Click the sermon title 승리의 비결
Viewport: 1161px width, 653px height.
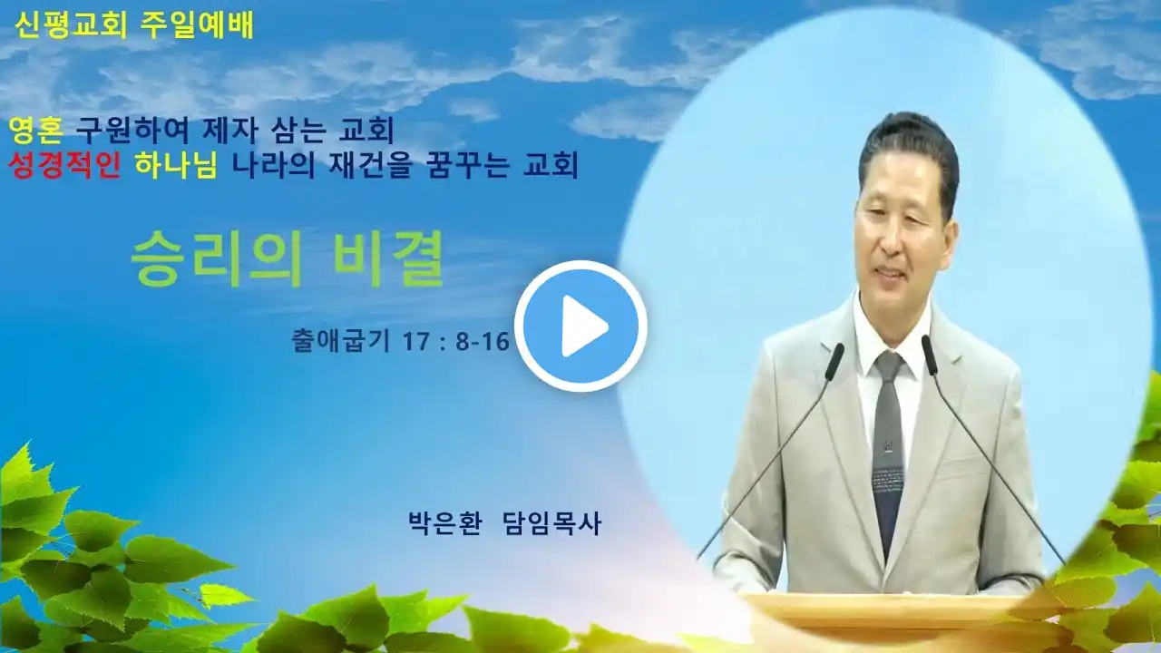click(288, 258)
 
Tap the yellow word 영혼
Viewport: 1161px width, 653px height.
click(36, 130)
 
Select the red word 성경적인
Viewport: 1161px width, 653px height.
click(64, 165)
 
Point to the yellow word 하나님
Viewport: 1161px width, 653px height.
click(176, 165)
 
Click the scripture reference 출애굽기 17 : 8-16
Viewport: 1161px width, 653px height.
click(401, 341)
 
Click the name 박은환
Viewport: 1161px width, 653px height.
click(445, 523)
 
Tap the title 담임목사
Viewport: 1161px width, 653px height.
click(552, 523)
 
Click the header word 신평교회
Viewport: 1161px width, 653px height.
click(71, 24)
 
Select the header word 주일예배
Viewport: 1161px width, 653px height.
click(197, 24)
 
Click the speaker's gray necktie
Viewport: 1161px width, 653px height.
click(890, 445)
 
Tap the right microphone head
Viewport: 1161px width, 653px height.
click(930, 354)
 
